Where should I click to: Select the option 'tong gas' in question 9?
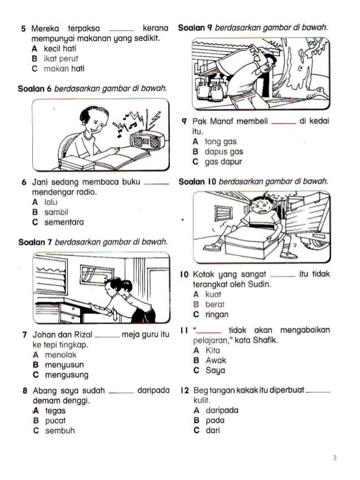tap(219, 141)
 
